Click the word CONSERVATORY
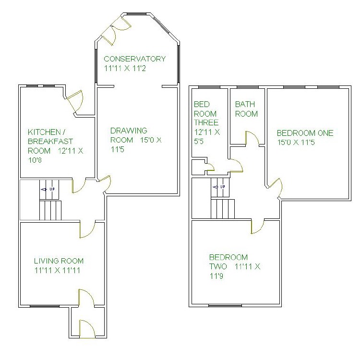pyautogui.click(x=135, y=59)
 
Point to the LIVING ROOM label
pyautogui.click(x=59, y=261)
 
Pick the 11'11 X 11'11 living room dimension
pyautogui.click(x=59, y=270)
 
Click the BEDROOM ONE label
pyautogui.click(x=305, y=133)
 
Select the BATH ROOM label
pyautogui.click(x=246, y=109)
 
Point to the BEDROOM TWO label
pyautogui.click(x=229, y=257)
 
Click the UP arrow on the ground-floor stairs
pyautogui.click(x=48, y=190)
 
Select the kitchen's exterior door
pyautogui.click(x=76, y=101)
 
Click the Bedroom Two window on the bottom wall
pyautogui.click(x=225, y=305)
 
